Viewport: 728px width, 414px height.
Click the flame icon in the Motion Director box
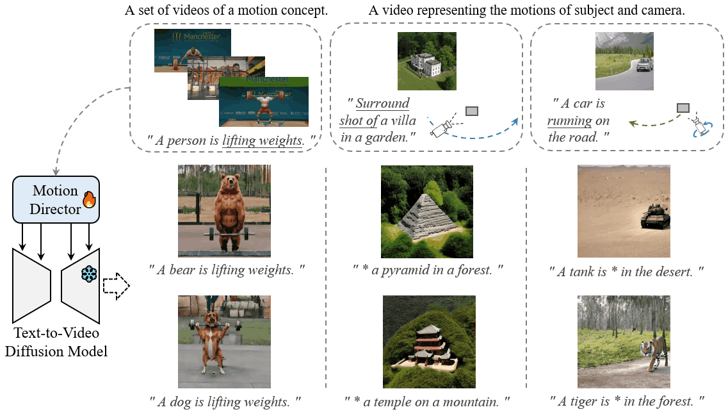pos(88,199)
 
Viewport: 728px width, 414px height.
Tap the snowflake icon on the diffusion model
pos(88,274)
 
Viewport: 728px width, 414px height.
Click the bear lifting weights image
pos(224,211)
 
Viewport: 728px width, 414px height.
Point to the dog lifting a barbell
pos(224,342)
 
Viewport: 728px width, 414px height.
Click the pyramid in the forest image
pos(427,211)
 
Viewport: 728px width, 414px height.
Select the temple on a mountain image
pos(429,342)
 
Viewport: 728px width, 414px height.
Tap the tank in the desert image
pos(624,211)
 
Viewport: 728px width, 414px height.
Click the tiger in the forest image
pos(624,342)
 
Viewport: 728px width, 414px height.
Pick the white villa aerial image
pos(427,61)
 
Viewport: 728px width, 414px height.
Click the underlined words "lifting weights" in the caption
pos(262,140)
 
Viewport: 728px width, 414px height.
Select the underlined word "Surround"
pos(383,103)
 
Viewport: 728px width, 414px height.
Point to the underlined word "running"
pos(570,120)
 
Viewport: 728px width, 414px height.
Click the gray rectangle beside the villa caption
pos(472,112)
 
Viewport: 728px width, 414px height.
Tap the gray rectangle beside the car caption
pos(683,107)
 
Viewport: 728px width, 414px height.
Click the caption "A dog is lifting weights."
pos(225,402)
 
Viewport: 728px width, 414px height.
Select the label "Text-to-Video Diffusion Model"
pos(56,342)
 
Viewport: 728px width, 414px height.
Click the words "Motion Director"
pos(55,199)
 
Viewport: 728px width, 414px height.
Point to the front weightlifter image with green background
pos(264,101)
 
